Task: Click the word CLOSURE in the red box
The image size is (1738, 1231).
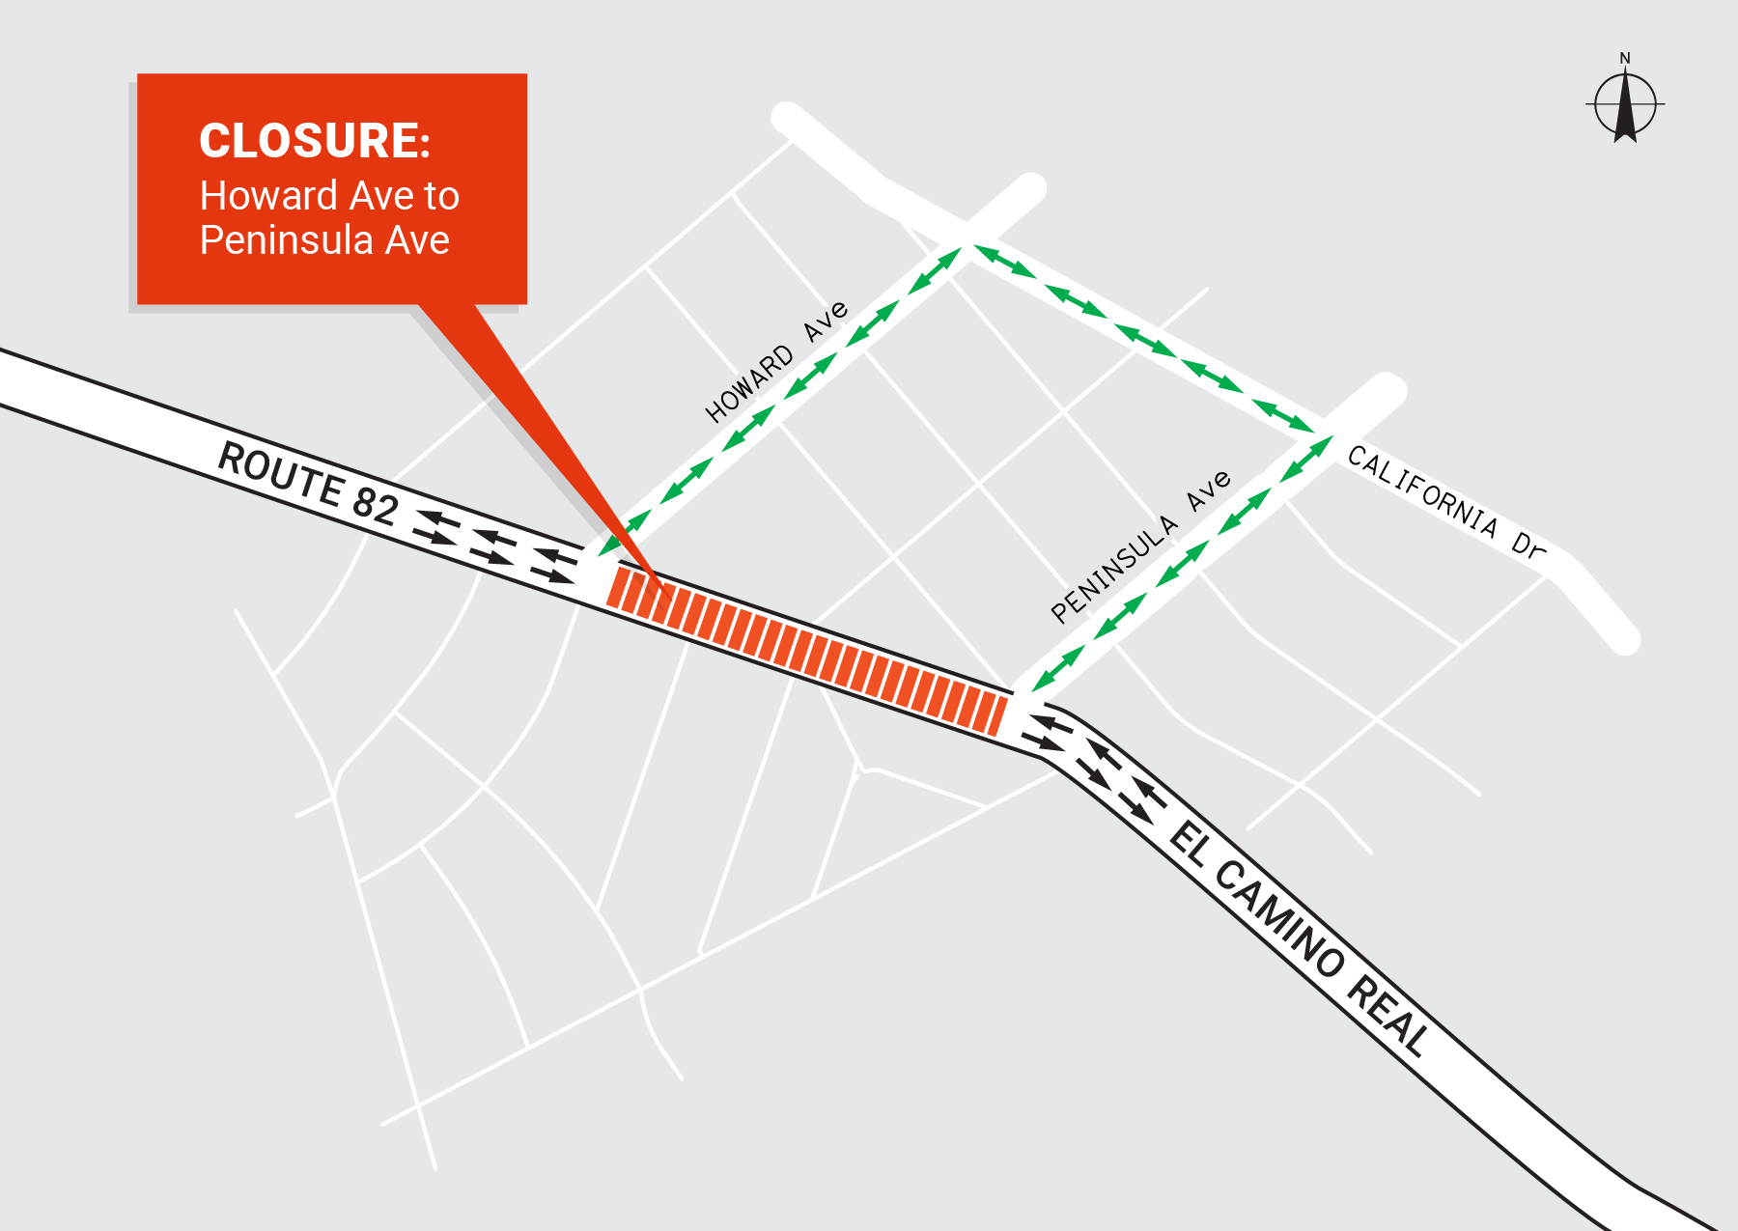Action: coord(314,141)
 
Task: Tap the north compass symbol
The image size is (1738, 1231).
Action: coord(1625,104)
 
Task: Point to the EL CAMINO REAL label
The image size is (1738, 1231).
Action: coord(1298,937)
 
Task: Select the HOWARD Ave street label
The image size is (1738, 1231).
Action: coord(776,362)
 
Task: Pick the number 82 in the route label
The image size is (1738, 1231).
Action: coord(376,505)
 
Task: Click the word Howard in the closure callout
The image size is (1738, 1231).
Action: coord(254,196)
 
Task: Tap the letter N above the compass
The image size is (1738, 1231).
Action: coord(1625,59)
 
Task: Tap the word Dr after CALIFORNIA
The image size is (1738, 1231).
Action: coord(1528,546)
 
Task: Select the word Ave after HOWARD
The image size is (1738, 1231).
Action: coord(827,321)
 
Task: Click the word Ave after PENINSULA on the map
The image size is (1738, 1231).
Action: coord(1209,490)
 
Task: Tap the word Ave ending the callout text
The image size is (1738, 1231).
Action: coord(417,240)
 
